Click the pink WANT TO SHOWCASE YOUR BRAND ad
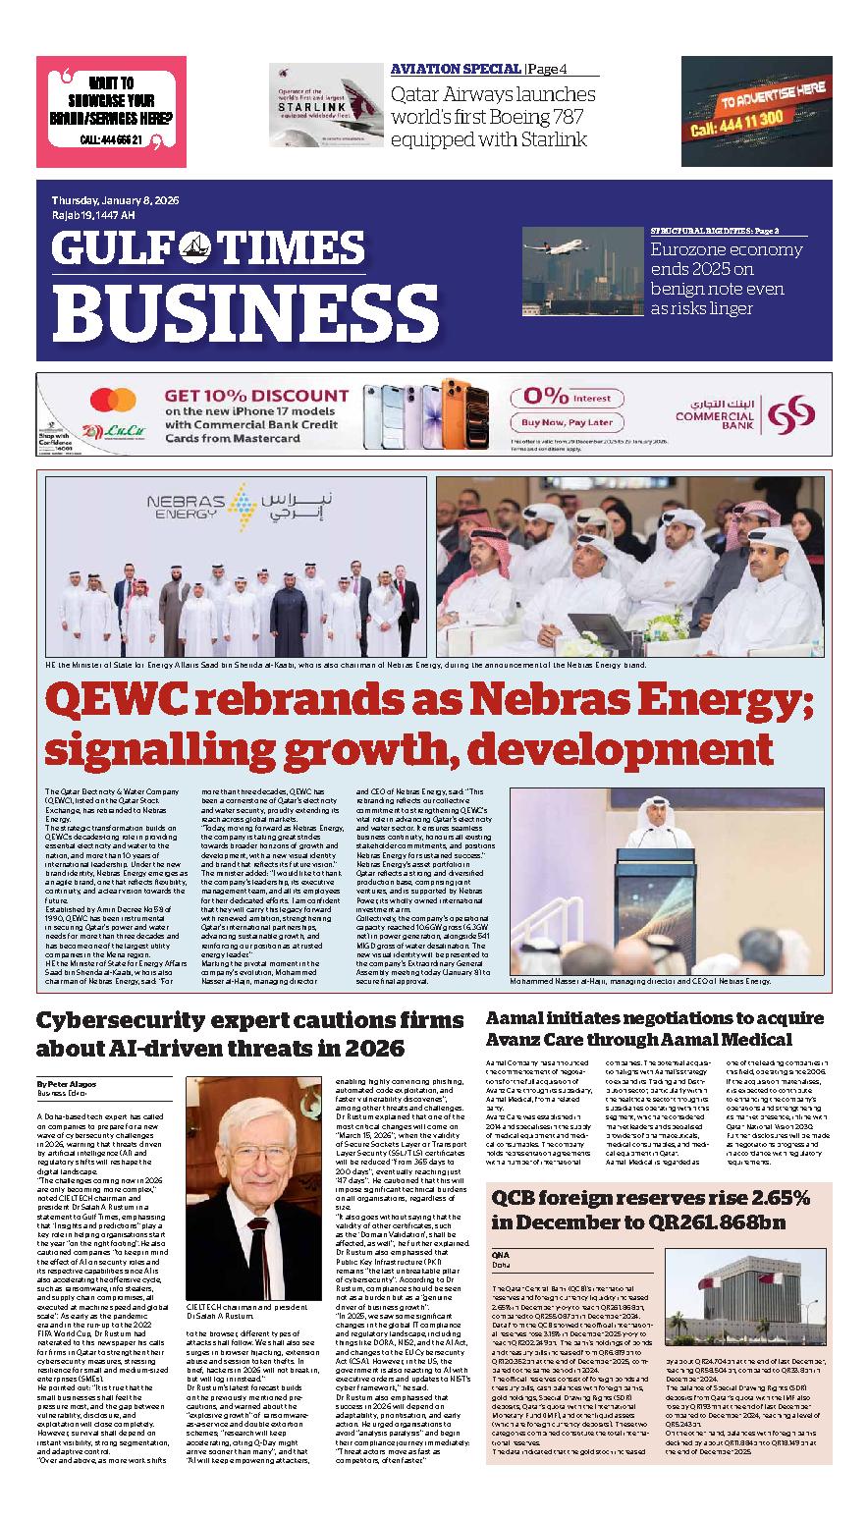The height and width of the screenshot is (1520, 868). tap(111, 112)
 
